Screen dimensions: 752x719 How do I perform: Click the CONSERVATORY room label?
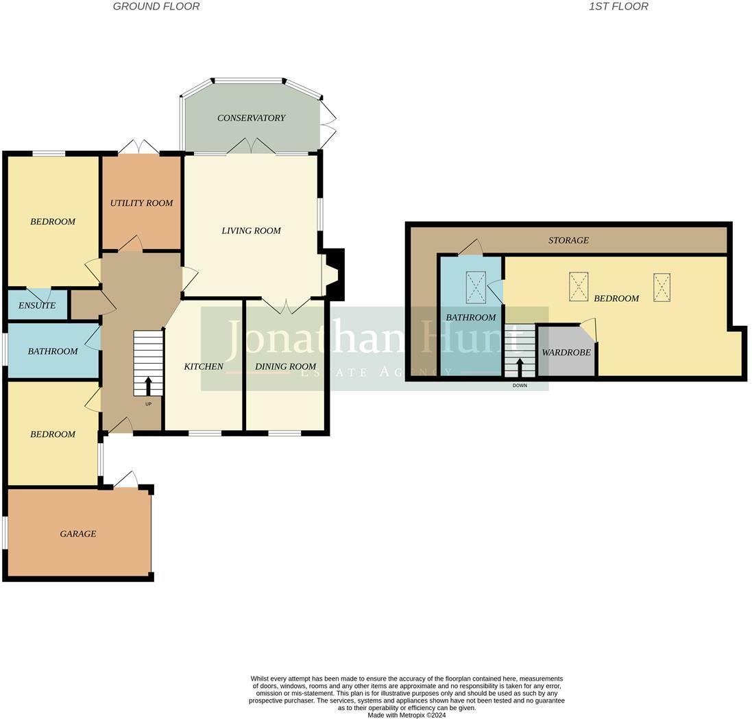click(252, 118)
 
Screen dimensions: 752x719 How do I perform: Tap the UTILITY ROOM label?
click(141, 203)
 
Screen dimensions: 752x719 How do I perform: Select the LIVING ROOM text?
click(252, 231)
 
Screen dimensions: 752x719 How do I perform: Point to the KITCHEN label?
click(204, 366)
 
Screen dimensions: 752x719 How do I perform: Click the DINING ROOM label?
click(286, 366)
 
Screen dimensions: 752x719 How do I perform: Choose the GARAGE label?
click(78, 534)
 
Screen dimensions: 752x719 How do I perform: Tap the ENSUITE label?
click(37, 305)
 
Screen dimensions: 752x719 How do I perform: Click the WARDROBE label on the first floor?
click(566, 353)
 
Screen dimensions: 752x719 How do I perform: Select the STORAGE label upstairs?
click(569, 240)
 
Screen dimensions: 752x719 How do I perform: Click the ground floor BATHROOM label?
click(53, 351)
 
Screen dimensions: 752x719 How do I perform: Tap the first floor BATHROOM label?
click(471, 318)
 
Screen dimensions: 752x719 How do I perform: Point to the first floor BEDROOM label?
click(617, 298)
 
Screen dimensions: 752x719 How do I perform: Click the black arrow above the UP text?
click(148, 386)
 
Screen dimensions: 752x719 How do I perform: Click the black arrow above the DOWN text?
click(520, 368)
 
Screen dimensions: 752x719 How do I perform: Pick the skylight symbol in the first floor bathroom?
click(476, 287)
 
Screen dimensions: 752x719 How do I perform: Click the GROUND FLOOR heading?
click(156, 6)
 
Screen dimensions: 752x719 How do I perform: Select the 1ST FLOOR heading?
click(619, 6)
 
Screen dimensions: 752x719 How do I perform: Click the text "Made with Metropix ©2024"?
click(407, 715)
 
